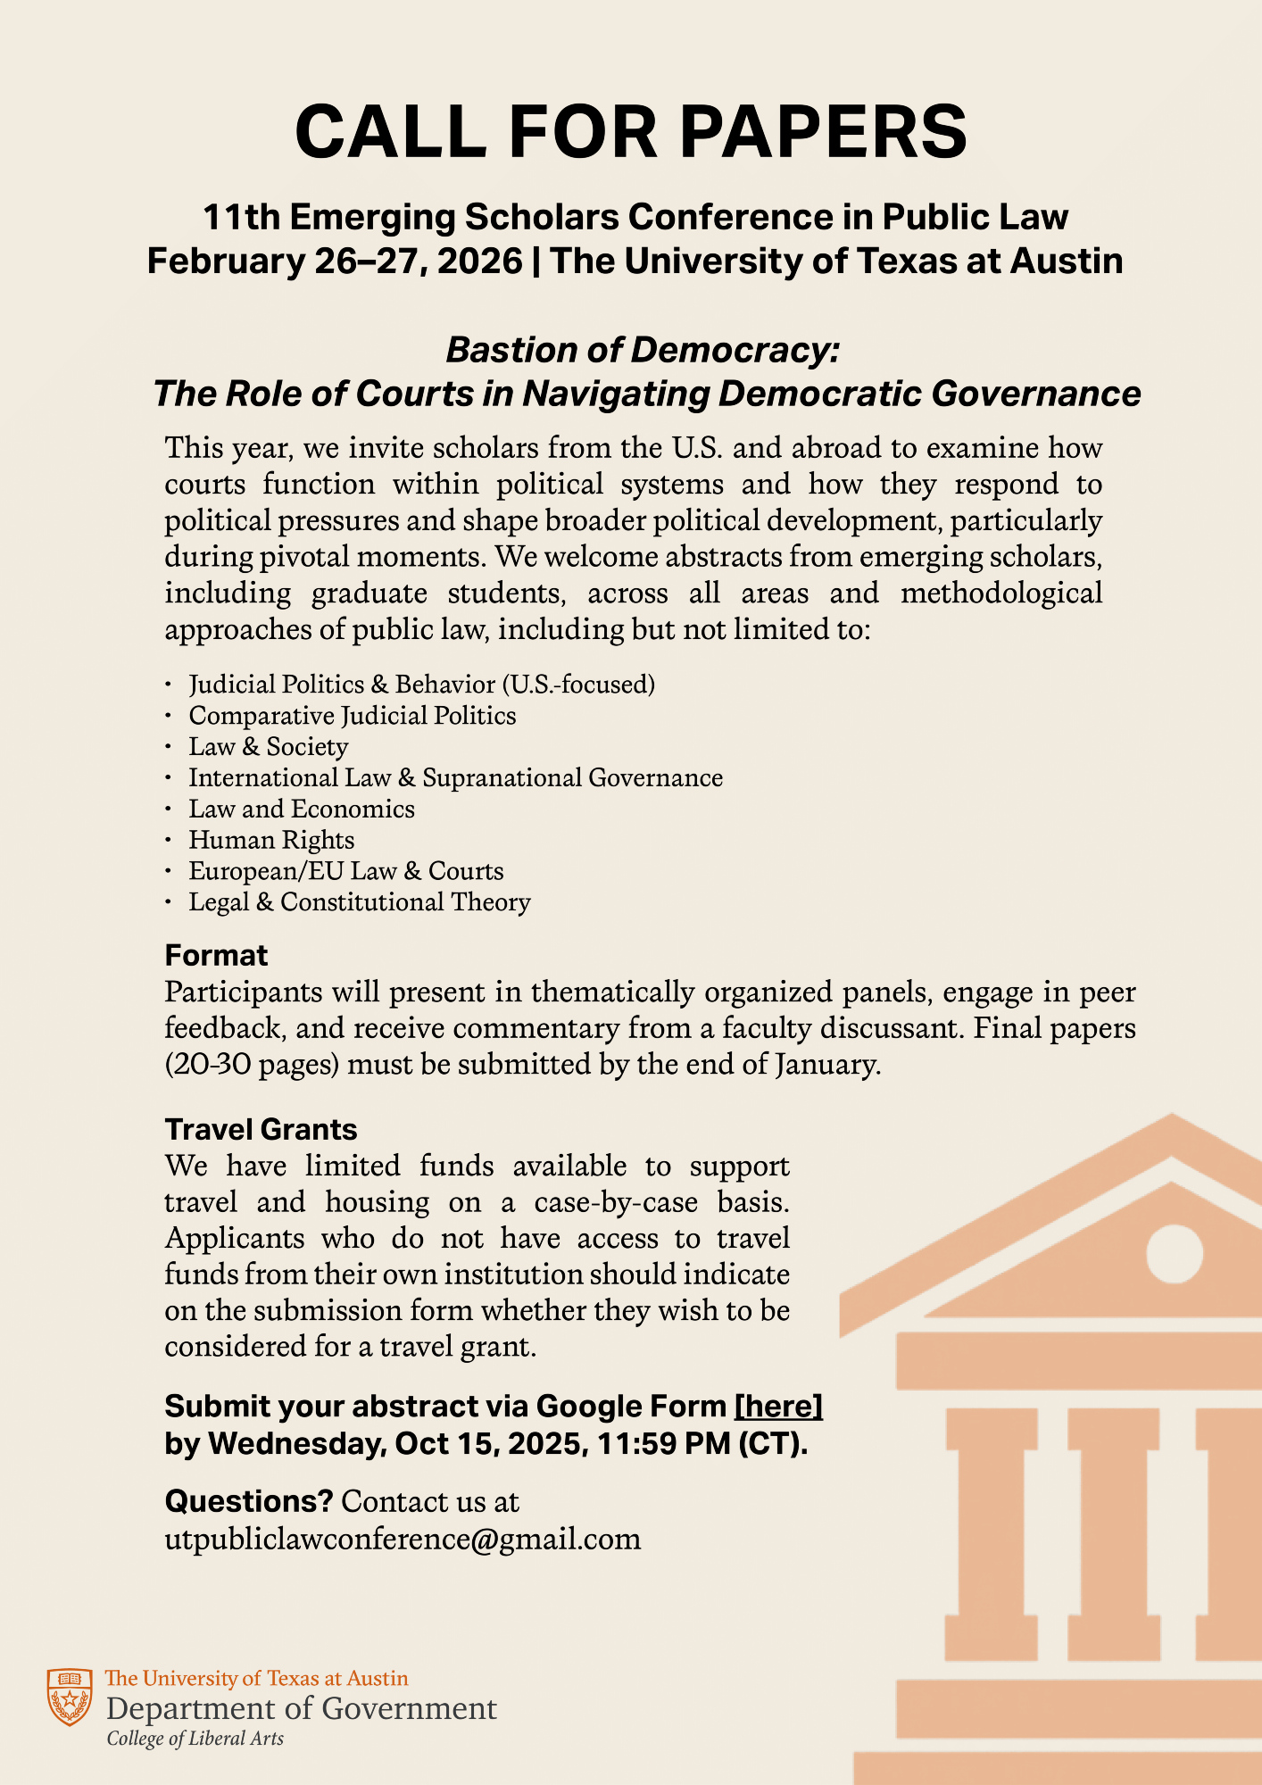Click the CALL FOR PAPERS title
(631, 132)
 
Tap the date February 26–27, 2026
(335, 262)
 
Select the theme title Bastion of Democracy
(643, 350)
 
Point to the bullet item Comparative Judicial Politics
(353, 716)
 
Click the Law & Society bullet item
(269, 747)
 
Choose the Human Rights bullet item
(271, 841)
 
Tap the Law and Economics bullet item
(302, 809)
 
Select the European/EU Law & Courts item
(346, 872)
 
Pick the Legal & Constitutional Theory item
(360, 903)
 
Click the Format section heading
(216, 956)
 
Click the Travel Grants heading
(261, 1130)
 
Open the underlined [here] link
(777, 1407)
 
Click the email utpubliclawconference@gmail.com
(403, 1540)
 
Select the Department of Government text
(302, 1709)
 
